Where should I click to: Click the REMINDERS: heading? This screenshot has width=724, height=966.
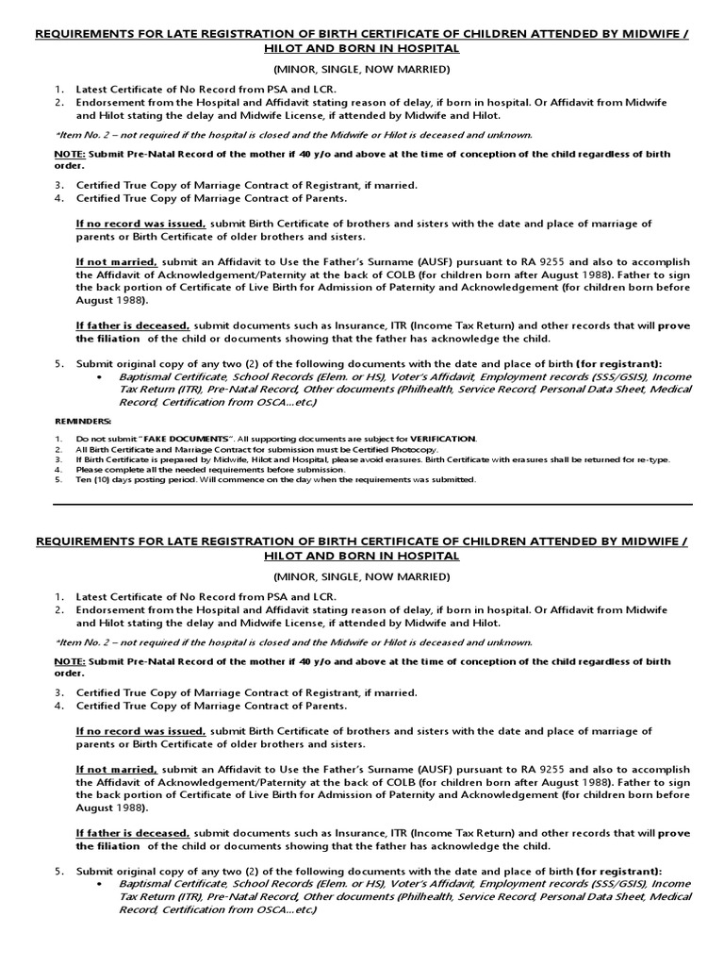(x=83, y=422)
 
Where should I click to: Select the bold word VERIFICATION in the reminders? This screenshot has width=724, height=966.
(x=444, y=439)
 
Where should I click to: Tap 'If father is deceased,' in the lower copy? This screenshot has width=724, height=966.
(x=133, y=833)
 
